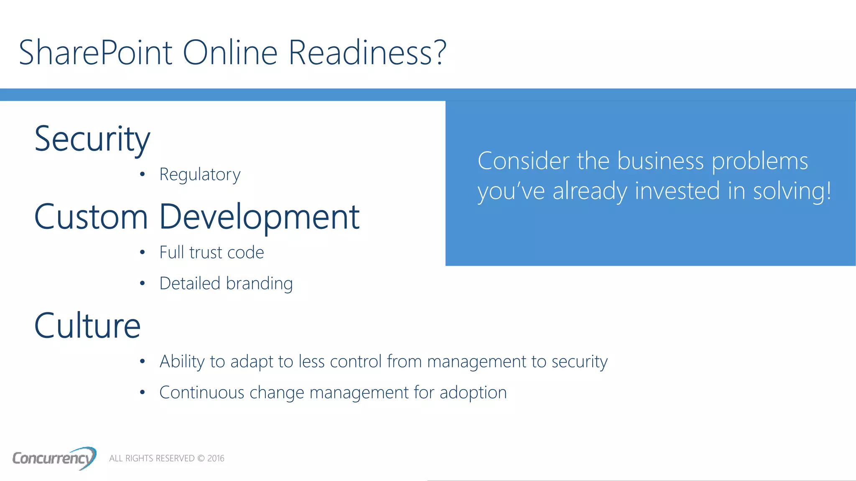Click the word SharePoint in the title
[95, 53]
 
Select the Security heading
[92, 139]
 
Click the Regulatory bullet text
[200, 175]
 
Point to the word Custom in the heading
[91, 217]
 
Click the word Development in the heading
[259, 217]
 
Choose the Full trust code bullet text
[211, 253]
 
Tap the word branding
[259, 284]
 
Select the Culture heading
[87, 326]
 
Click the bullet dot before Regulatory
[143, 174]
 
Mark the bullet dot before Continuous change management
[143, 392]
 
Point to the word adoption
[473, 393]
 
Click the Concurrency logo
[54, 458]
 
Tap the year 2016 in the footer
[216, 458]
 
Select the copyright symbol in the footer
[201, 458]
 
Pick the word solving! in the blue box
[792, 191]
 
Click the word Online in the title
[230, 53]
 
